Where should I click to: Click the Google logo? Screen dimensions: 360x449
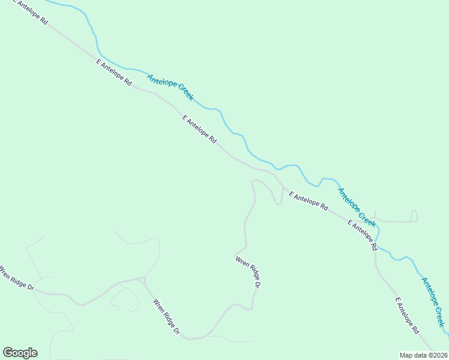click(x=20, y=353)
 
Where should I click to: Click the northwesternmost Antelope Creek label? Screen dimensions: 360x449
click(x=171, y=87)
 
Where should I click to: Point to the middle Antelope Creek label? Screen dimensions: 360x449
click(x=357, y=208)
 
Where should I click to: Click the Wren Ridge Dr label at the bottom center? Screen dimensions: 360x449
click(x=166, y=317)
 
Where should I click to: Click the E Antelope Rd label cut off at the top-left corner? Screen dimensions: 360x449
click(x=30, y=12)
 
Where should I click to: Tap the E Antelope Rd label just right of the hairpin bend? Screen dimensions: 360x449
click(x=308, y=201)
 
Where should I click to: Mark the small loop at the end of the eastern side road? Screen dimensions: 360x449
click(x=414, y=216)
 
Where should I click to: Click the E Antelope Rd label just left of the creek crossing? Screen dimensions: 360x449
click(x=362, y=235)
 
